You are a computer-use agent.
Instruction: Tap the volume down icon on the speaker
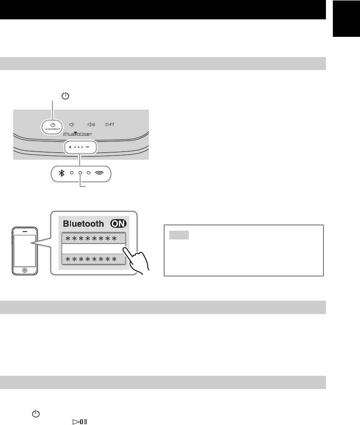tap(72, 124)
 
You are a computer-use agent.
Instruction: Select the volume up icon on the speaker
tap(91, 124)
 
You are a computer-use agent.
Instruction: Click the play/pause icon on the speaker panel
tap(110, 124)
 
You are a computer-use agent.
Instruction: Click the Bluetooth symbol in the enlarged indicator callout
tap(60, 173)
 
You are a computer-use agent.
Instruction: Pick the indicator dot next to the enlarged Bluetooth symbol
tap(71, 173)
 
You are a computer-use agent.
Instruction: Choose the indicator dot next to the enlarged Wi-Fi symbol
tap(88, 173)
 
